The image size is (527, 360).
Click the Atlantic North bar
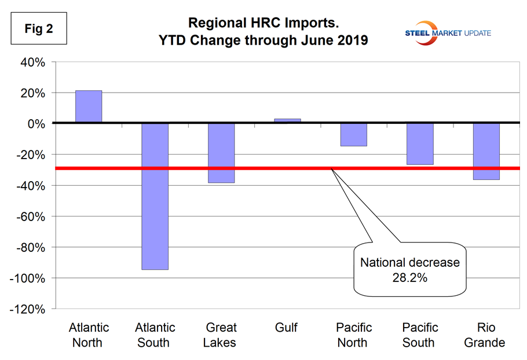pos(88,106)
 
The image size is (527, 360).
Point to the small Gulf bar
pos(287,120)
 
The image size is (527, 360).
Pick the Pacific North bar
pos(353,134)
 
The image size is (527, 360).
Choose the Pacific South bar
pos(420,144)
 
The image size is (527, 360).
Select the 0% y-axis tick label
pos(36,124)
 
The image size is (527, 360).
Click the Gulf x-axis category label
pos(286,328)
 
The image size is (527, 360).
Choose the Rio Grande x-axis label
pos(485,335)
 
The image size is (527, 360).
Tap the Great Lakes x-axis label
pos(220,335)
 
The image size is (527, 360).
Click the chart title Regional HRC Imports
pos(263,24)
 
